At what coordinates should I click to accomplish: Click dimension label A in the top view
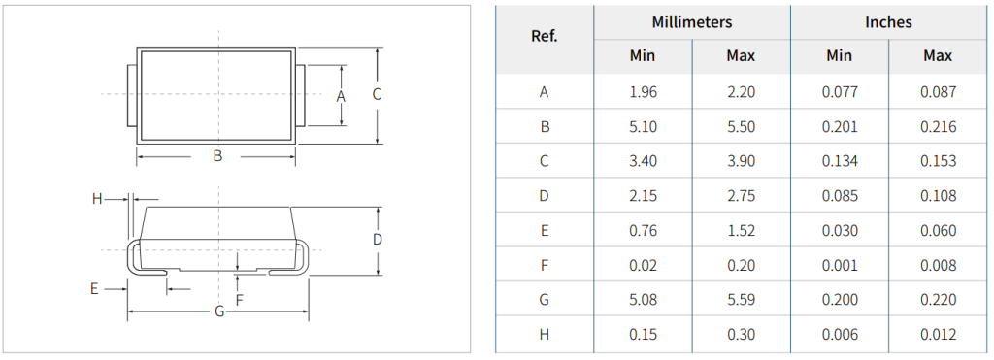click(341, 96)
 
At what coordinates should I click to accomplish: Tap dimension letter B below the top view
click(217, 156)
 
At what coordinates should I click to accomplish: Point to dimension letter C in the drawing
click(377, 94)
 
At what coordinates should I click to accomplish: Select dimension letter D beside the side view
click(378, 240)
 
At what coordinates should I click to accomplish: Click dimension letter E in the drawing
click(94, 289)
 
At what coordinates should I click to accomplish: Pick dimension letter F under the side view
click(239, 300)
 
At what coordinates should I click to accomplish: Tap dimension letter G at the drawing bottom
click(219, 311)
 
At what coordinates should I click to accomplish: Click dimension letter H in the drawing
click(97, 199)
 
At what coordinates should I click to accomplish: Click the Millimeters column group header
click(691, 22)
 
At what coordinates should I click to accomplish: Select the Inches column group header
click(888, 22)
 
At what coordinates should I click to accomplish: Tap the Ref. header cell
click(544, 36)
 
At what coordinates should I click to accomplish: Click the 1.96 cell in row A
click(643, 92)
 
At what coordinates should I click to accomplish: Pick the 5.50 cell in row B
click(741, 127)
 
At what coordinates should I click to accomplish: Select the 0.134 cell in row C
click(840, 161)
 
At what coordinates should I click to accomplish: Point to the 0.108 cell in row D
click(938, 196)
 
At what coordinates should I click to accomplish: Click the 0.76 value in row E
click(643, 230)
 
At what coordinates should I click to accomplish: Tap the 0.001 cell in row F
click(840, 265)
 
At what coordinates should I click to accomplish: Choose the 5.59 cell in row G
click(741, 299)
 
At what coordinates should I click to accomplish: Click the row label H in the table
click(544, 334)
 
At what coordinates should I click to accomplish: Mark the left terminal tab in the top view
click(132, 95)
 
